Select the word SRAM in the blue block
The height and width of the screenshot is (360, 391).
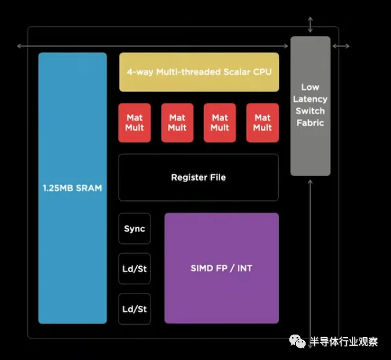[x=88, y=188]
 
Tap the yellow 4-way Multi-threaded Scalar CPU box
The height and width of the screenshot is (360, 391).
[x=199, y=72]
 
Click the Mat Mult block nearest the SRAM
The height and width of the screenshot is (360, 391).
[x=135, y=123]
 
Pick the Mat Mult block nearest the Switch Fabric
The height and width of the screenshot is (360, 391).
[x=263, y=123]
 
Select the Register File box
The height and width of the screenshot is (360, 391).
[x=198, y=177]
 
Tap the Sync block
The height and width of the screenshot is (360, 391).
[x=134, y=229]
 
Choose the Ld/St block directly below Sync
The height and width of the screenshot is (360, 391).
[x=134, y=269]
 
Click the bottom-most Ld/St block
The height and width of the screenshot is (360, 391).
[x=134, y=308]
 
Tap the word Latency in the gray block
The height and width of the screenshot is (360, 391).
[x=310, y=99]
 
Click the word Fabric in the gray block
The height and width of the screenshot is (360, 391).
[x=310, y=123]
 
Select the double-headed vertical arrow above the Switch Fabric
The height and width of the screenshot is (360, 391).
[x=310, y=25]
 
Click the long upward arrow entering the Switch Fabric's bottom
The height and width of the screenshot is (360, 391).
[x=311, y=261]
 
